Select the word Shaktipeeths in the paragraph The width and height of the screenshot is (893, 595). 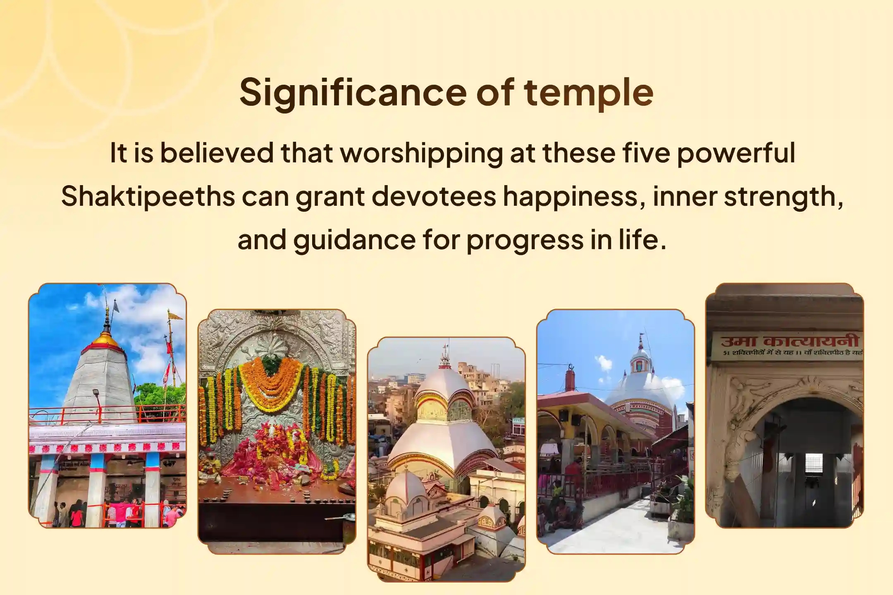tap(148, 196)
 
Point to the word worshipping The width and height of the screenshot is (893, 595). tap(421, 153)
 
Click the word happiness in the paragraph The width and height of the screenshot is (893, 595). tap(573, 196)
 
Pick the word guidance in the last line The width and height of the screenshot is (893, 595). tap(354, 240)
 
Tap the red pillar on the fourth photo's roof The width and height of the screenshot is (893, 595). tap(570, 380)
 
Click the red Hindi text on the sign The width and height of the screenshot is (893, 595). tap(790, 341)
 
